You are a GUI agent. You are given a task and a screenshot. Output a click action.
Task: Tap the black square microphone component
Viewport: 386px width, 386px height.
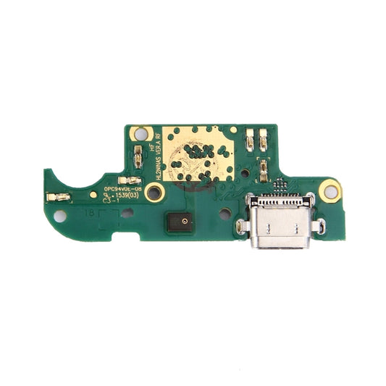[x=184, y=222]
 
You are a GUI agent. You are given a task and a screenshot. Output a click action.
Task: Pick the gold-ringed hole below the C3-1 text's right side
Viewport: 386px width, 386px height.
[x=154, y=192]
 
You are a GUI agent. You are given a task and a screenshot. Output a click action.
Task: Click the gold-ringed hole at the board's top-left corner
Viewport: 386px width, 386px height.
[x=140, y=134]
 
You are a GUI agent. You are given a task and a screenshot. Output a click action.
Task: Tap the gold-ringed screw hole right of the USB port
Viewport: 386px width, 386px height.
[x=330, y=190]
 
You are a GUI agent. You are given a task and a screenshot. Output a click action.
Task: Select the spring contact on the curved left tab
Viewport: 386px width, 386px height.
[x=58, y=197]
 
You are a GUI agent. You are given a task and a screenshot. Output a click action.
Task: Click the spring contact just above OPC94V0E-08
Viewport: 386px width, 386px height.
[x=130, y=179]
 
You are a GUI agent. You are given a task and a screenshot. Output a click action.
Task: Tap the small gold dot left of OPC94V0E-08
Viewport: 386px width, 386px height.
[x=93, y=194]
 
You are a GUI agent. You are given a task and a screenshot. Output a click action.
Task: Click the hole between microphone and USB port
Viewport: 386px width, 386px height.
[x=225, y=214]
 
